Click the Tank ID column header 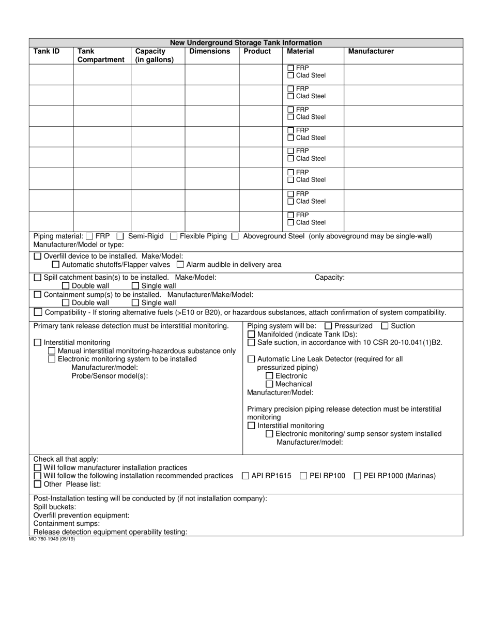click(x=47, y=51)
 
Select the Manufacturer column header click(x=371, y=51)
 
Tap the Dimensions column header click(x=210, y=51)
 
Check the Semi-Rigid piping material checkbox click(x=120, y=236)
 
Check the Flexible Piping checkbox click(x=174, y=236)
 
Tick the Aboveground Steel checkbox click(x=235, y=236)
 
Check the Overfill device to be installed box click(x=38, y=256)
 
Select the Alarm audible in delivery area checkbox click(x=180, y=265)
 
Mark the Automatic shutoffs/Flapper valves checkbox click(x=56, y=265)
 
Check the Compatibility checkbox click(x=38, y=312)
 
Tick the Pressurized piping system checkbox click(x=328, y=326)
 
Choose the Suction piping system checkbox click(x=385, y=326)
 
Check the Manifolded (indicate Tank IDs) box click(x=251, y=334)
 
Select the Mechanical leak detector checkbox click(x=269, y=384)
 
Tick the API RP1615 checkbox click(x=245, y=476)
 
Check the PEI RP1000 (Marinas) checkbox click(x=358, y=476)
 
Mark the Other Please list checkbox click(x=37, y=484)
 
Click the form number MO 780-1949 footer click(x=49, y=539)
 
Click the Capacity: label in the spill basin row click(x=330, y=277)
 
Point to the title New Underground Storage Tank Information click(x=246, y=42)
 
